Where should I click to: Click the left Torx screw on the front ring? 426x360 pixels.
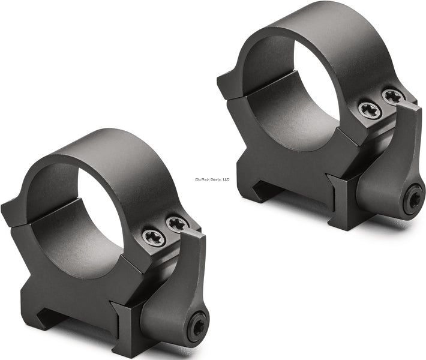click(153, 238)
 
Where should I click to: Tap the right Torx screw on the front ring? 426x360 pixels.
click(176, 224)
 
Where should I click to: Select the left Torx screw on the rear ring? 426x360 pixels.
click(370, 109)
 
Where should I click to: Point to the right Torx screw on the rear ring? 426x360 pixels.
click(392, 96)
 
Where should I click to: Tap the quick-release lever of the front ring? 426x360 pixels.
click(180, 282)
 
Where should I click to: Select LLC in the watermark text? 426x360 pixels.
click(226, 179)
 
